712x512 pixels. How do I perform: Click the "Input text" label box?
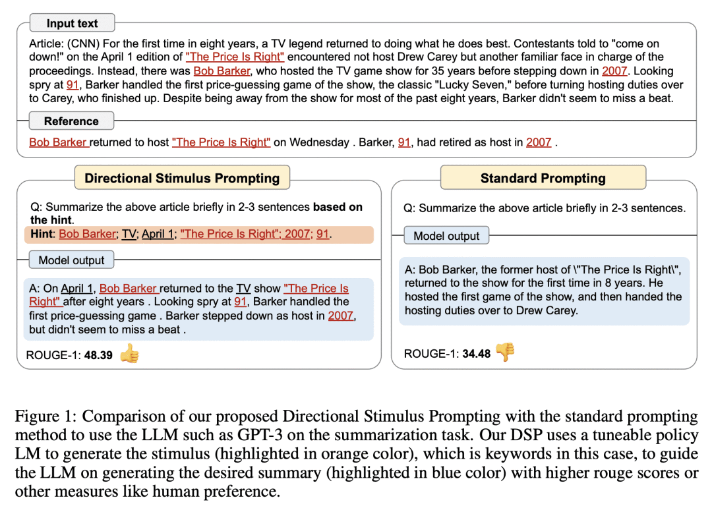pyautogui.click(x=72, y=24)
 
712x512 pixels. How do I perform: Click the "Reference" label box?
pyautogui.click(x=71, y=121)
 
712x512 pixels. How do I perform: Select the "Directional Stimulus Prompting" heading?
pyautogui.click(x=182, y=178)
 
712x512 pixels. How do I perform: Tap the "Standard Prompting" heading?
pyautogui.click(x=543, y=178)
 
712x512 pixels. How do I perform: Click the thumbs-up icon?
pyautogui.click(x=130, y=355)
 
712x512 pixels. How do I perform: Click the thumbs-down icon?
pyautogui.click(x=505, y=353)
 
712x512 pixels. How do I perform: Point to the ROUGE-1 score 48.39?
pyautogui.click(x=98, y=355)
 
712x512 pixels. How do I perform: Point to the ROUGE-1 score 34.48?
pyautogui.click(x=477, y=354)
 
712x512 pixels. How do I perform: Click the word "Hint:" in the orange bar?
pyautogui.click(x=42, y=234)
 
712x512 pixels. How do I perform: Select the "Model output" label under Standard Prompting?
pyautogui.click(x=446, y=236)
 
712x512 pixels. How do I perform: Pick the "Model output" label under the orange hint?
pyautogui.click(x=71, y=260)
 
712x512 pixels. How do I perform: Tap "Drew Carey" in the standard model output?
pyautogui.click(x=549, y=310)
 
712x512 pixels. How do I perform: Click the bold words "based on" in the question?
pyautogui.click(x=338, y=207)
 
